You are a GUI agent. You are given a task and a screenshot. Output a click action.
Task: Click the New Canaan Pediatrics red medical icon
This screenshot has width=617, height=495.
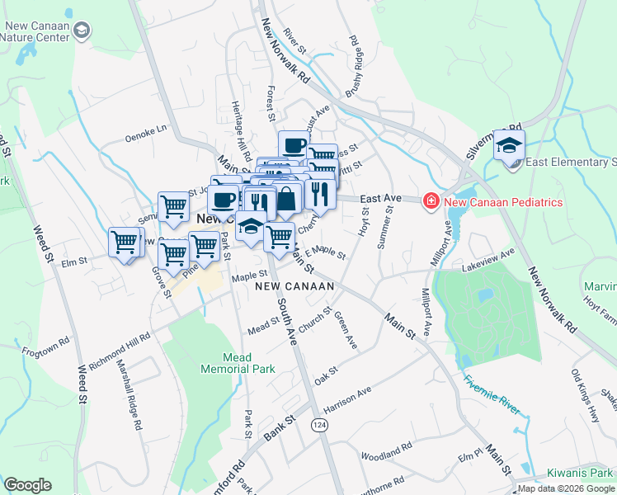click(x=430, y=201)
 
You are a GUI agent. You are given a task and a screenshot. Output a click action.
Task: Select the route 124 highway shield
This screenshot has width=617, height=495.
click(x=319, y=424)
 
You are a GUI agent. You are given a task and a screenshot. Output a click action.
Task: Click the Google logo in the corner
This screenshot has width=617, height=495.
click(x=27, y=485)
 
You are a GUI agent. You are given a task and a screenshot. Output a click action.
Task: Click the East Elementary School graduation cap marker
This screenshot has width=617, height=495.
click(x=509, y=148)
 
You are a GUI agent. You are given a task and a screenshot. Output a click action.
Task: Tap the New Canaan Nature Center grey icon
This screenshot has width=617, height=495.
click(x=81, y=31)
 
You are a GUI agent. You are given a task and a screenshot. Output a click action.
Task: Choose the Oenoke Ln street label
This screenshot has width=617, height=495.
click(x=145, y=128)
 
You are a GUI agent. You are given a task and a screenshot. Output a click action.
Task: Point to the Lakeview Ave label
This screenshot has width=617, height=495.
click(x=487, y=262)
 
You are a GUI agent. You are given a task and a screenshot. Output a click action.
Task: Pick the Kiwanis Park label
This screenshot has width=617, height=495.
click(x=580, y=473)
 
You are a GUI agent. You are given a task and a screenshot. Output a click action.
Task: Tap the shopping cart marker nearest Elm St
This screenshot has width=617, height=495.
click(x=125, y=243)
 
